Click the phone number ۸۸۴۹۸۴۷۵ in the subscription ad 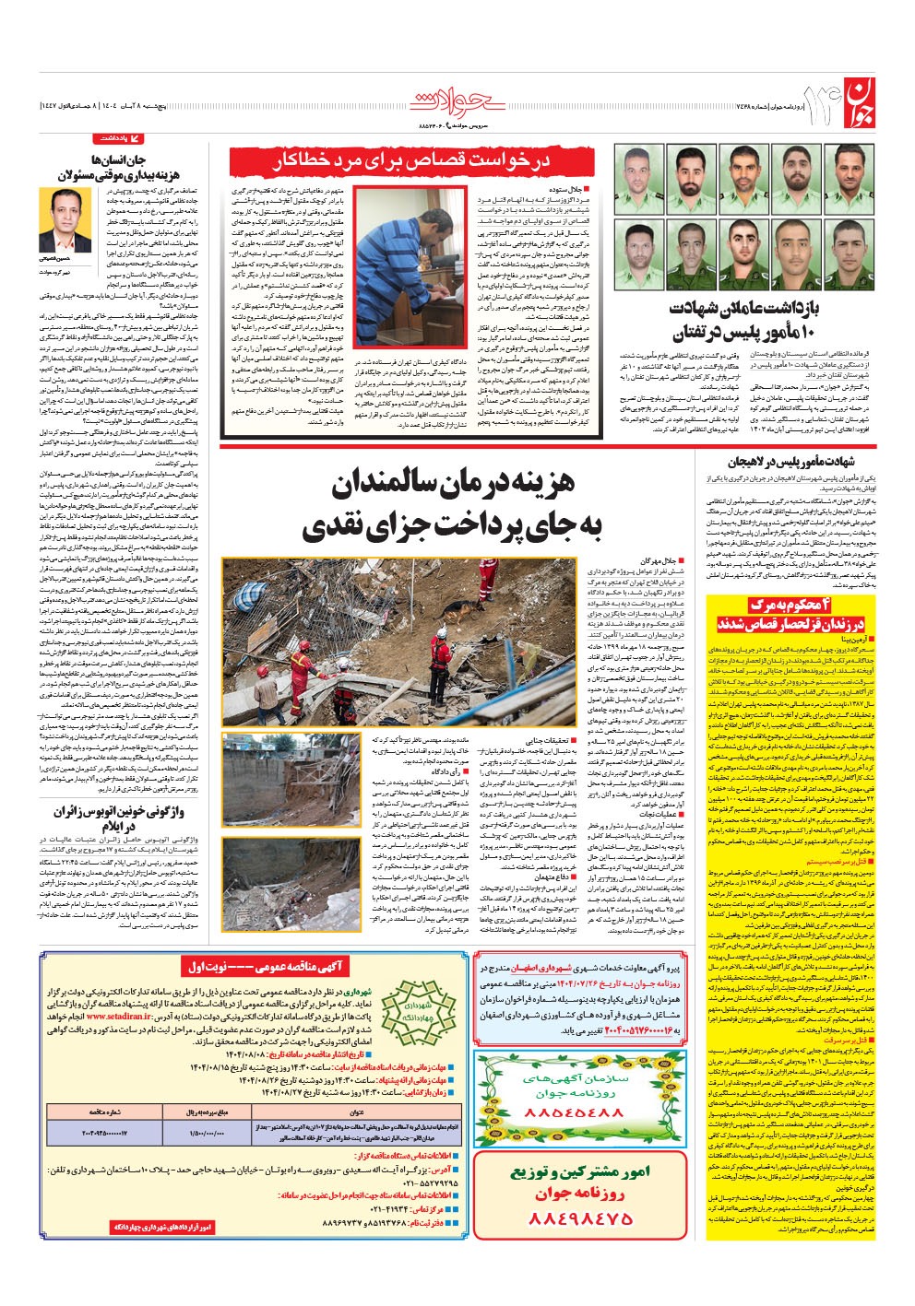click(x=580, y=1218)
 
